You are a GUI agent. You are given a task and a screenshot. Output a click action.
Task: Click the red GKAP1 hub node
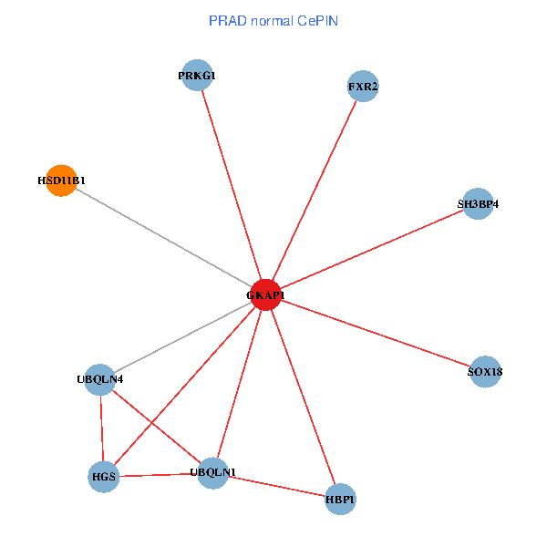coord(265,294)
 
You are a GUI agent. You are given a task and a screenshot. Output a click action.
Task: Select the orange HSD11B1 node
coord(60,181)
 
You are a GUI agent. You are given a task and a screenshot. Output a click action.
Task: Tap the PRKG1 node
coord(197,76)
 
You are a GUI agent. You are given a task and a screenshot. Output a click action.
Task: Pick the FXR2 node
coord(363,87)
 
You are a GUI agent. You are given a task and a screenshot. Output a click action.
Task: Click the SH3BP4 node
coord(478,204)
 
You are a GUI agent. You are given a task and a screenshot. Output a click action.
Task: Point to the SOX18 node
coord(485,371)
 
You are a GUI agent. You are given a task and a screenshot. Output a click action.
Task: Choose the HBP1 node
coord(340,499)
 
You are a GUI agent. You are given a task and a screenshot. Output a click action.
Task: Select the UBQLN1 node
coord(212,472)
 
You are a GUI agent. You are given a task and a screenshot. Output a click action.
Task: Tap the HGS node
coord(103,476)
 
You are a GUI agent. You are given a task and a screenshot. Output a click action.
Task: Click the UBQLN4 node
coord(99,378)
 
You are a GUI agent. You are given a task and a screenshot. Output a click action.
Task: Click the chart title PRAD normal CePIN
coord(273,20)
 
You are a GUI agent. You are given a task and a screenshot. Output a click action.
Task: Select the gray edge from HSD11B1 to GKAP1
coord(162,237)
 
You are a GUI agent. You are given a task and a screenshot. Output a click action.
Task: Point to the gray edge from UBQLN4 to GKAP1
coord(182,336)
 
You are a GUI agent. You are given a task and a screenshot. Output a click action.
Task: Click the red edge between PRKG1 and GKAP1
coord(231,185)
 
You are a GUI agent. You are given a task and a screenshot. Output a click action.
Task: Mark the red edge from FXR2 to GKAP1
coord(315,191)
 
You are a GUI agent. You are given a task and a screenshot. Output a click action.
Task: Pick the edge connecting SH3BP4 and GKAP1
coord(372,249)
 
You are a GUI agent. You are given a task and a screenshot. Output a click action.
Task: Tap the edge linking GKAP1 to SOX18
coord(376,333)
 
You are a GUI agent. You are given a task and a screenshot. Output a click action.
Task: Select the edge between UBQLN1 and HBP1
coord(276,485)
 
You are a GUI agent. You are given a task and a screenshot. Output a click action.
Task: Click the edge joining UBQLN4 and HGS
coord(101,427)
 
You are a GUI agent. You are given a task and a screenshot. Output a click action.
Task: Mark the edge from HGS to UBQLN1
coord(158,474)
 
